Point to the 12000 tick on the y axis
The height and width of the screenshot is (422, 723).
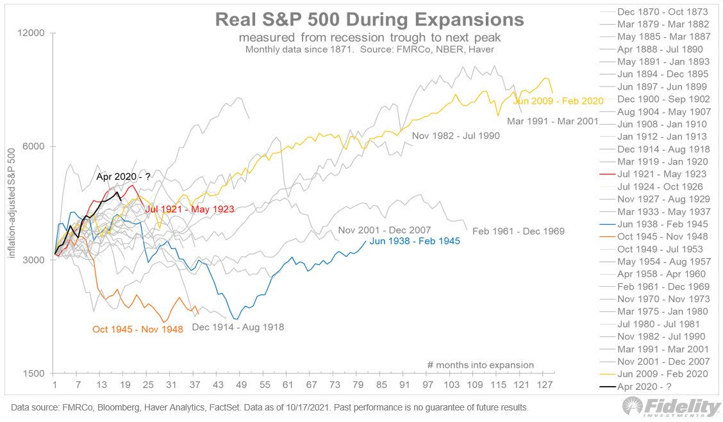point(38,33)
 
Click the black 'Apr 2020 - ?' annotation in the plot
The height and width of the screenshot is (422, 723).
point(122,177)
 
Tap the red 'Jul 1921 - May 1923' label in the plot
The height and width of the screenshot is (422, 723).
point(189,209)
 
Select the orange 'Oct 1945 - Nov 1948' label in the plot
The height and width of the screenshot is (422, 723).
point(138,329)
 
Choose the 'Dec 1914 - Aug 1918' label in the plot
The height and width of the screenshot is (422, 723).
point(238,327)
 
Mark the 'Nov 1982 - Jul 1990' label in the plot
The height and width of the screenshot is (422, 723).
point(456,136)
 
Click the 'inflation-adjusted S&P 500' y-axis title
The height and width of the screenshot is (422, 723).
point(12,204)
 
